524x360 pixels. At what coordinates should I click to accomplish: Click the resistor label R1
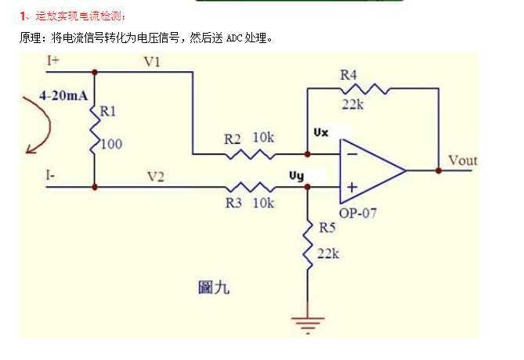107,112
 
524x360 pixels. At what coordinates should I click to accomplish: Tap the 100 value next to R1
110,144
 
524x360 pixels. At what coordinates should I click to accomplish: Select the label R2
232,139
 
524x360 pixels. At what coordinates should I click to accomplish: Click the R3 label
233,203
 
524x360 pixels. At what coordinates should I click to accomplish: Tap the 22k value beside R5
328,254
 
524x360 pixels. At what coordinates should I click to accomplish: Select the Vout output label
462,160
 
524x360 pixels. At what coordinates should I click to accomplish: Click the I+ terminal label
52,60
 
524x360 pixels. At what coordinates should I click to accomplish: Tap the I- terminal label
50,176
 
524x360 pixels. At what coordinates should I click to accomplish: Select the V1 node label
153,62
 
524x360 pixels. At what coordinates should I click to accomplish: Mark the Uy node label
319,177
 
